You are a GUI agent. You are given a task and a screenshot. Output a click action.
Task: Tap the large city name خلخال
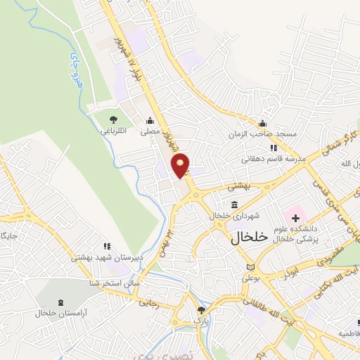point(249,238)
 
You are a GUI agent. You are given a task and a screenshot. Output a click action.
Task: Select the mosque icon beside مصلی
point(149,120)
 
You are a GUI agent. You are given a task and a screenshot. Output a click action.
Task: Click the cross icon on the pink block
point(295,219)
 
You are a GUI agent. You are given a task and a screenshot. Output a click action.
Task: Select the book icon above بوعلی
point(252,268)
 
